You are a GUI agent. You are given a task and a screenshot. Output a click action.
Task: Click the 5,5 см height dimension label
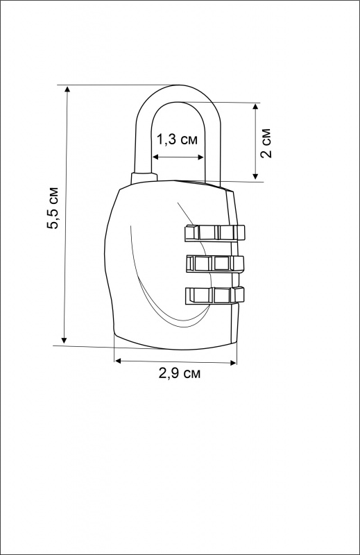[53, 207]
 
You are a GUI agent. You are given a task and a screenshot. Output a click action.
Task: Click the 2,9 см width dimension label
[180, 374]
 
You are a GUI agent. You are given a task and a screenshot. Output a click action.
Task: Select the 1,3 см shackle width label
[177, 140]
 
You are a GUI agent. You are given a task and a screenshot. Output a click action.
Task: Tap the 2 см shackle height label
[266, 143]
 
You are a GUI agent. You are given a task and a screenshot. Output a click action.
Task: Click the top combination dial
[214, 233]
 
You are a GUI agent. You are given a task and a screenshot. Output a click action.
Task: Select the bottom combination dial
[214, 296]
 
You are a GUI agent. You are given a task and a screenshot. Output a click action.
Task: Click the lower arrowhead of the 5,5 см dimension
[64, 340]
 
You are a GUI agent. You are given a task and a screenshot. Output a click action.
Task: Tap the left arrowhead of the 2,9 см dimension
[118, 361]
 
